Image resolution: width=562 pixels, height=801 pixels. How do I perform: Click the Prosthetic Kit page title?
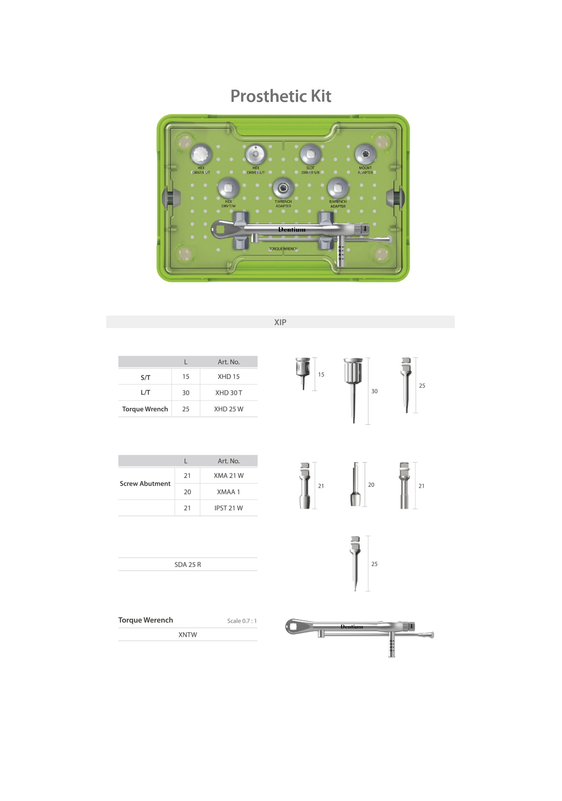point(280,96)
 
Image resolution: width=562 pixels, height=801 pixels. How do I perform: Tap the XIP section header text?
point(280,322)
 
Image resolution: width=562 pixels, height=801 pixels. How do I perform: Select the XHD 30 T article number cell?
point(228,393)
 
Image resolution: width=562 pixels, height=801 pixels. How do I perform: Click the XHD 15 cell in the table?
point(228,377)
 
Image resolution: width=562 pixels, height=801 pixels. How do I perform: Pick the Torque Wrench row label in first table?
point(145,409)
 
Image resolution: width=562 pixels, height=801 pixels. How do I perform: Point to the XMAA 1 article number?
point(228,492)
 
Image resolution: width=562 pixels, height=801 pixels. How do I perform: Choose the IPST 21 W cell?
point(228,508)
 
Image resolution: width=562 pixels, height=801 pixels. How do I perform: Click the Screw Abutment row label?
point(145,484)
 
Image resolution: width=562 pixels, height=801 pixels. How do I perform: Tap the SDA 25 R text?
point(188,565)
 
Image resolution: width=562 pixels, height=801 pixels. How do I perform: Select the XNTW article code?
point(188,635)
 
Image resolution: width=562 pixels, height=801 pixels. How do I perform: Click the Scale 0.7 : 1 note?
point(242,621)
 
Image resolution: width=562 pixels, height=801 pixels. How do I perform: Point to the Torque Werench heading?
point(145,620)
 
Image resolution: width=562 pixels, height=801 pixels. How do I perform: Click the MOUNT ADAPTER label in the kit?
point(365,170)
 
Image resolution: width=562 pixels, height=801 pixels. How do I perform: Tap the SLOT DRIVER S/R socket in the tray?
point(310,154)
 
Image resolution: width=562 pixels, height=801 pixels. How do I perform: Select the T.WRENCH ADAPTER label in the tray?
point(283,204)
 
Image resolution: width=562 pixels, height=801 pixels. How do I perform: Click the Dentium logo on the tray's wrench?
point(292,230)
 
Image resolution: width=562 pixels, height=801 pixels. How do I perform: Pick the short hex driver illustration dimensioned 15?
point(303,372)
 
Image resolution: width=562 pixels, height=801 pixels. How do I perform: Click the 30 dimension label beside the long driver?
point(374,391)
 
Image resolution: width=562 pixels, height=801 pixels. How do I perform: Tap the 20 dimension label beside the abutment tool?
point(371,485)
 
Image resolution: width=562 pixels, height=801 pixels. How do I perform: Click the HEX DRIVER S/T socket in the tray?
point(201,154)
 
